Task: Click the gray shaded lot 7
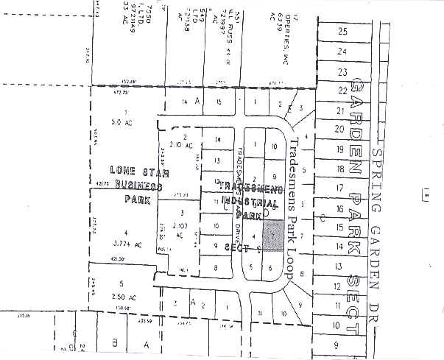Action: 273,235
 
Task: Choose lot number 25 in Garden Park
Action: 342,32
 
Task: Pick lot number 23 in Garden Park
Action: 342,72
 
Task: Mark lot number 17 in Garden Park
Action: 339,188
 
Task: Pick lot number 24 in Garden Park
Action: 342,52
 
